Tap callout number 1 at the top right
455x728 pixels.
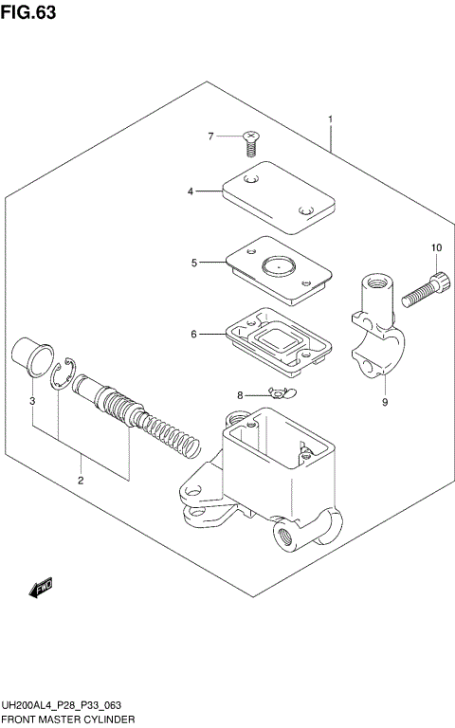(x=330, y=119)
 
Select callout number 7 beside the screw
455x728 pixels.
(x=211, y=137)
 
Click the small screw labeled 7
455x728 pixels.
(x=250, y=144)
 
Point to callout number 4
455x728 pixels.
(x=190, y=191)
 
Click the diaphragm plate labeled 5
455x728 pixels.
(x=279, y=267)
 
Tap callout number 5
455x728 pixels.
(x=193, y=263)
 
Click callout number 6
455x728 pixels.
(x=193, y=334)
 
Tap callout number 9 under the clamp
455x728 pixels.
(x=385, y=402)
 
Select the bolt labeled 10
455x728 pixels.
(x=425, y=291)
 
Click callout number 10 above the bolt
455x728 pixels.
(x=436, y=248)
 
